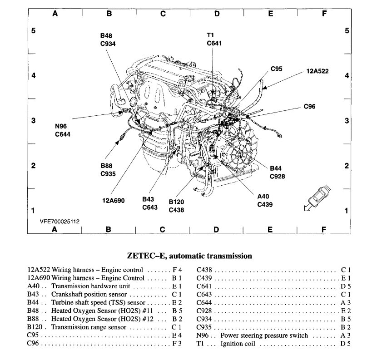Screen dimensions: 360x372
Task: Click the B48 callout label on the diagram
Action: click(107, 35)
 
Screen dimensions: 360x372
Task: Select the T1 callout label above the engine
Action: click(210, 35)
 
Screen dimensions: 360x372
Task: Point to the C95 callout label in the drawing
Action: click(276, 69)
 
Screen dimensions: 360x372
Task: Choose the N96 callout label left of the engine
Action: click(63, 127)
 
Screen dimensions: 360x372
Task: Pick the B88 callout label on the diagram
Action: click(108, 166)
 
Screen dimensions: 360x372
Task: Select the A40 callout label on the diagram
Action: click(263, 197)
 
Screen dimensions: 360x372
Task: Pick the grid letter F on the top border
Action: click(324, 14)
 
